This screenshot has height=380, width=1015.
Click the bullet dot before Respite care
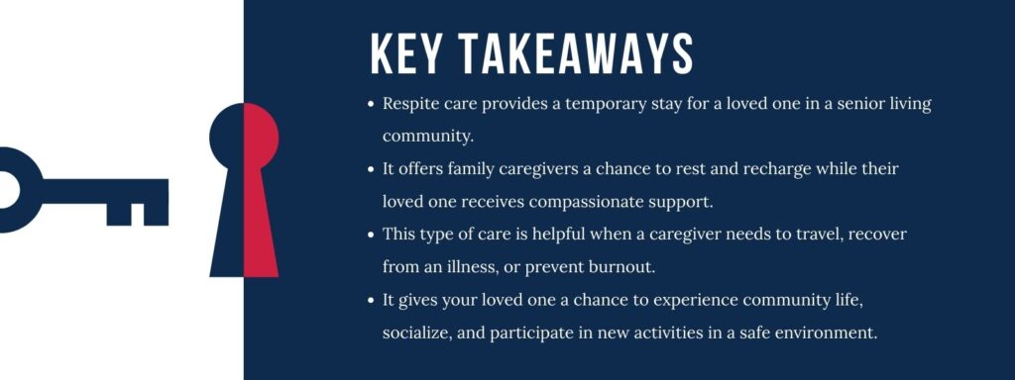click(371, 104)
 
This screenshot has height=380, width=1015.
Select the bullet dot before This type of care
click(371, 235)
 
